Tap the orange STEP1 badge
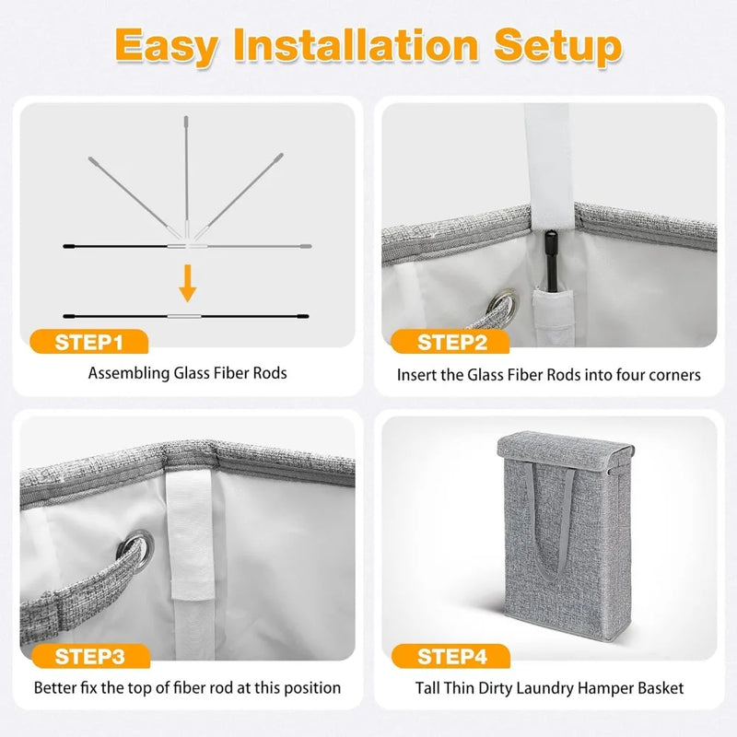tap(88, 344)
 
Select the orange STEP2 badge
tap(450, 344)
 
